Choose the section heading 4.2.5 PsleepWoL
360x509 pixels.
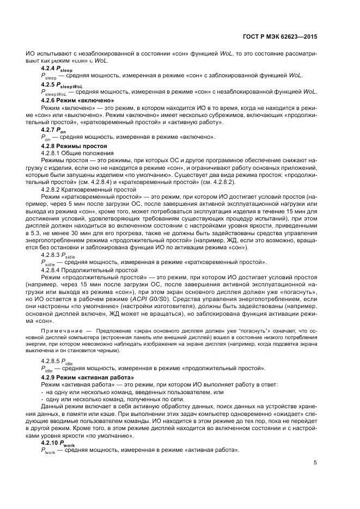[62, 85]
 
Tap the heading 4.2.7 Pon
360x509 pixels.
[53, 131]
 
